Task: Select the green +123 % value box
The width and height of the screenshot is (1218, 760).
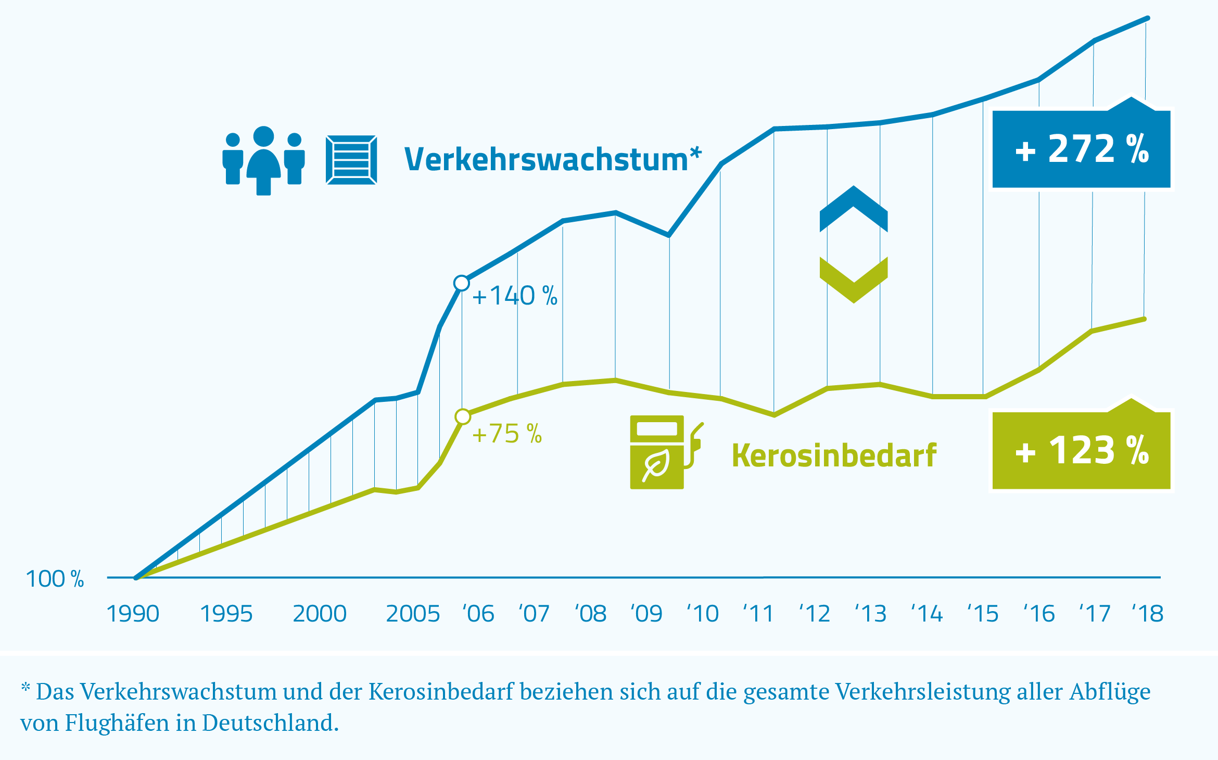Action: click(x=1081, y=451)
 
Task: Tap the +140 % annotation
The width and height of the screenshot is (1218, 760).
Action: click(x=514, y=296)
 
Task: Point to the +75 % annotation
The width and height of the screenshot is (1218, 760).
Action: click(x=506, y=434)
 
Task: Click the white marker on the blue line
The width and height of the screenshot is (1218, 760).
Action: click(x=461, y=283)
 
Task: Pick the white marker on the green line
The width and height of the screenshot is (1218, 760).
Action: click(x=462, y=416)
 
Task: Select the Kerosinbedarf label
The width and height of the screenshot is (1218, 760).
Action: click(x=834, y=455)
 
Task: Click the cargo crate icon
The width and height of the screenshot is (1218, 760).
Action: click(x=351, y=160)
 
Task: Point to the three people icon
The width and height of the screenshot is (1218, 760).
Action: click(x=263, y=160)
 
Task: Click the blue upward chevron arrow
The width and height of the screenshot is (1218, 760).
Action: click(x=854, y=209)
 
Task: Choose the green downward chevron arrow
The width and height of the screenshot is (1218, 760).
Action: click(x=854, y=280)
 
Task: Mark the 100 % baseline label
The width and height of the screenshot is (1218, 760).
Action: click(x=55, y=579)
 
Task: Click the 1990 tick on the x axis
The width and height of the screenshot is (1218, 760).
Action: click(x=133, y=614)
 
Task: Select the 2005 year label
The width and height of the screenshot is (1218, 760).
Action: click(x=413, y=614)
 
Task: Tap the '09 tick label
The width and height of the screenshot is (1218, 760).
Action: click(x=646, y=614)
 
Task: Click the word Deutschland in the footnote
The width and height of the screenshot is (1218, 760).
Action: click(x=270, y=723)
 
